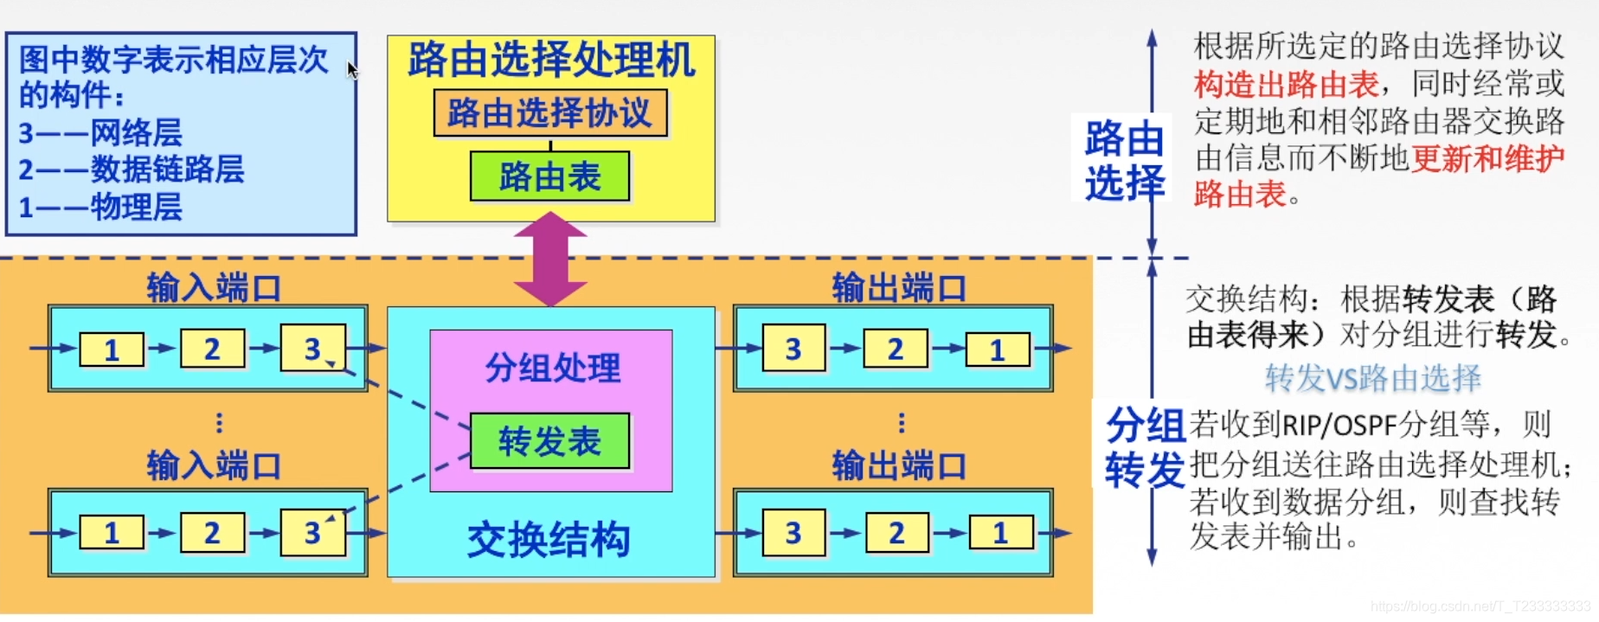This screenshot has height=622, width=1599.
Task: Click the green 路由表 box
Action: [x=549, y=176]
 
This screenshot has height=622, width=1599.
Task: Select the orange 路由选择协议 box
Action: [x=550, y=113]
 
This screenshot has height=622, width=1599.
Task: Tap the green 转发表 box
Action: [x=549, y=441]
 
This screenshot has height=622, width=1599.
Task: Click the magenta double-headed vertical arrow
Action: [x=550, y=259]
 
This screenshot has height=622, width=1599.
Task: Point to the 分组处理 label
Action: [x=552, y=368]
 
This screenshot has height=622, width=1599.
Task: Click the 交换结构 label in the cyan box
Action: [x=549, y=540]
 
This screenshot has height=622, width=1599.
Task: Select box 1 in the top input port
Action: [x=112, y=349]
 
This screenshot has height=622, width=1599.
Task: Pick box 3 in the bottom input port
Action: [x=312, y=533]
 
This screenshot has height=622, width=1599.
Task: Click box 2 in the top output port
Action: [x=896, y=349]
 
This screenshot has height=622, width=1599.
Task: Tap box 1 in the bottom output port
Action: [x=1000, y=533]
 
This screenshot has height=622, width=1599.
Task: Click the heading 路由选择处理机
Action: [x=550, y=61]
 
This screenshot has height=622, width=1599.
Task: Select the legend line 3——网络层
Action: [x=100, y=133]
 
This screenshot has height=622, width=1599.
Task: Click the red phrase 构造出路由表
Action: [x=1286, y=84]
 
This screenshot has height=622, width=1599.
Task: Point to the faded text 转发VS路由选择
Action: [x=1372, y=378]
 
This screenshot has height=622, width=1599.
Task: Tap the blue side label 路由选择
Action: [x=1124, y=161]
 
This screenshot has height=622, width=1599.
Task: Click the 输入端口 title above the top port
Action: [x=214, y=287]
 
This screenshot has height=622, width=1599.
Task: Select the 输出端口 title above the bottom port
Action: [x=899, y=465]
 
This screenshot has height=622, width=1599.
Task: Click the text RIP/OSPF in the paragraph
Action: [x=1339, y=426]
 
